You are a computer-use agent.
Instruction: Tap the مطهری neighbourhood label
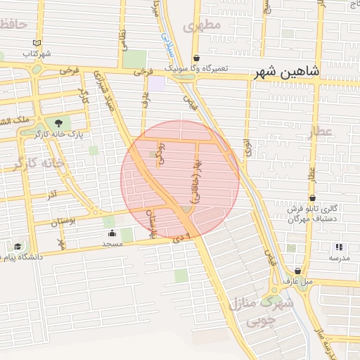(x=202, y=25)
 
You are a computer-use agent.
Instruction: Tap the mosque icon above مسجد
(x=112, y=233)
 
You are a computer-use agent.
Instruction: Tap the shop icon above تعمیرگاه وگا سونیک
(x=195, y=58)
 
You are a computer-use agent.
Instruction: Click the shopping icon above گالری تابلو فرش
(x=312, y=198)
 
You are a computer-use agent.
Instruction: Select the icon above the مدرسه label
(x=339, y=247)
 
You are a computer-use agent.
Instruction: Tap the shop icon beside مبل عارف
(x=298, y=271)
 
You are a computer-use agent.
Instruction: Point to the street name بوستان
(x=64, y=222)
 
